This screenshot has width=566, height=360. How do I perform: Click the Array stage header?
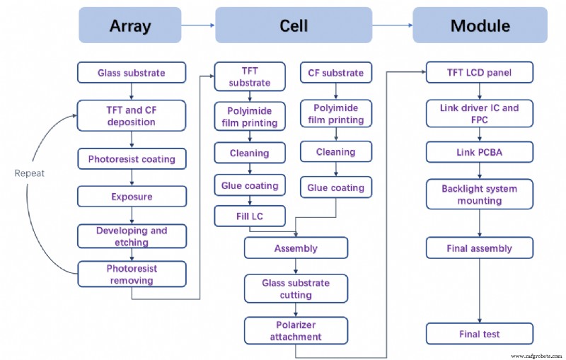click(130, 25)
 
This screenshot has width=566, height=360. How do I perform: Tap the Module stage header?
click(480, 25)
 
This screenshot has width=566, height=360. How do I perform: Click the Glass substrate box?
click(132, 72)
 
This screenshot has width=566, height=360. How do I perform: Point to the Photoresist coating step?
click(132, 159)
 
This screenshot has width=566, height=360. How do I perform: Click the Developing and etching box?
click(132, 236)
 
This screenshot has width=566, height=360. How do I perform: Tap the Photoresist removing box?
click(132, 274)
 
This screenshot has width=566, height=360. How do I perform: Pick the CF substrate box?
click(336, 73)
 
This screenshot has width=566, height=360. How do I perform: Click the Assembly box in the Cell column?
click(296, 248)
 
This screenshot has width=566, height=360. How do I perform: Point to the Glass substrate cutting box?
click(296, 289)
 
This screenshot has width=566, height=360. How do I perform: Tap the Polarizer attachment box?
click(296, 330)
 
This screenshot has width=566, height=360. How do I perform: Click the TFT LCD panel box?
click(479, 73)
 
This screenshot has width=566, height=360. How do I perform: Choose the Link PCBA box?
click(479, 153)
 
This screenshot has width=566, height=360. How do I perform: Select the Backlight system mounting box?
click(479, 194)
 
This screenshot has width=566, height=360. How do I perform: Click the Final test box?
click(479, 333)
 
